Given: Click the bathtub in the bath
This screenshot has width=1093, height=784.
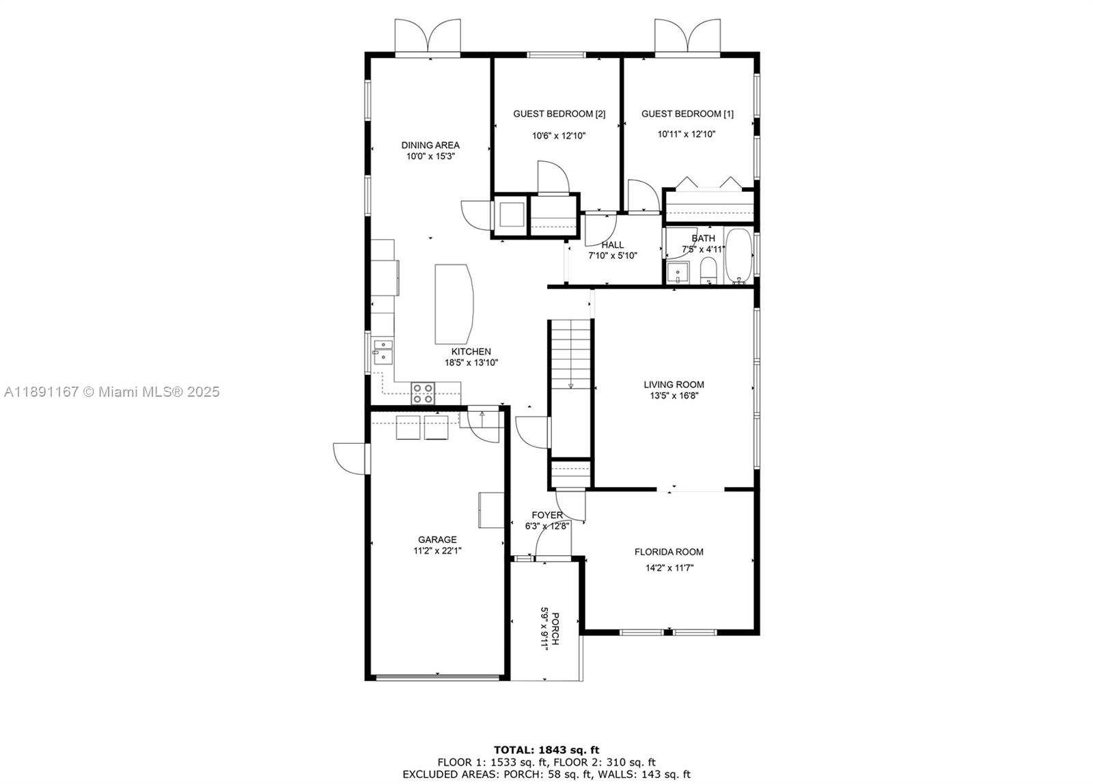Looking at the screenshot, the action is coord(738,256).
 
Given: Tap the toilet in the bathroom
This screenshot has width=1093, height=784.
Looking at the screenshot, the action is coord(708,271).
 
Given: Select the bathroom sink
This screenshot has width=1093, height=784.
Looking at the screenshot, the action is coord(678,272).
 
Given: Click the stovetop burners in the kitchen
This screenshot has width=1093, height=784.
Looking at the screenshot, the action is coord(423,393).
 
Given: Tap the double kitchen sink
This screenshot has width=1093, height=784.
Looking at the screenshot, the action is coord(383,352).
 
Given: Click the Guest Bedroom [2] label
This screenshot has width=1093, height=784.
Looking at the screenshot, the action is coord(559,113).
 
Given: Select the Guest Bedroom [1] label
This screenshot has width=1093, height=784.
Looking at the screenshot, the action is coord(687,113).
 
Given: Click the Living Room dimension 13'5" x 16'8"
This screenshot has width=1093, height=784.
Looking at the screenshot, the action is coord(674,395).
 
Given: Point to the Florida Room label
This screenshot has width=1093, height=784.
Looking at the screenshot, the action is coord(669,552).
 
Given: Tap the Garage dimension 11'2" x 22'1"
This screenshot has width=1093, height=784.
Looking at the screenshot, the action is coord(437,551).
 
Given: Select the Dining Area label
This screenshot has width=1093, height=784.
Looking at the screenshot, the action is coord(430,145).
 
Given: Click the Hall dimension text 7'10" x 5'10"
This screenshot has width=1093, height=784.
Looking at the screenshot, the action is coord(613,255).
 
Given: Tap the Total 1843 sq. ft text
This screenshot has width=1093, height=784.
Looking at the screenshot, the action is coord(546,750).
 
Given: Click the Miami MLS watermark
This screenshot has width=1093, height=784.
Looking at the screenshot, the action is coord(112,392).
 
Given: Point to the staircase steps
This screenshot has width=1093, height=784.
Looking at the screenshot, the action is coord(571,354).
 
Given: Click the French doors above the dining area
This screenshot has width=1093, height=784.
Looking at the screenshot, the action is coord(428,37).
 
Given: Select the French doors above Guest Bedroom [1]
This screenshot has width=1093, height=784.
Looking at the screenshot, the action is coord(687,37).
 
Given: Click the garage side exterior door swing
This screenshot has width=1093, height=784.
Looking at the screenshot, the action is coord(350,458).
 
